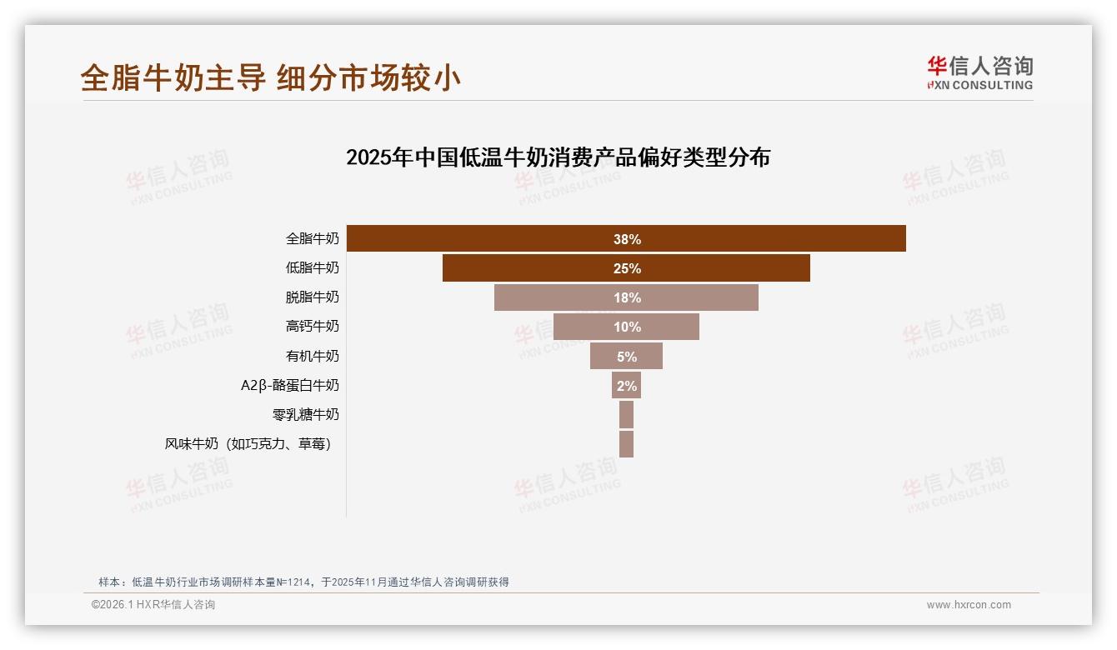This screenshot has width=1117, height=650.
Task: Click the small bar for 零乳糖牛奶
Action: (626, 414)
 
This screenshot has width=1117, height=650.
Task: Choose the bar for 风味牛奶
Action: (626, 444)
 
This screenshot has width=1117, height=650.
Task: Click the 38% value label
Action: (627, 239)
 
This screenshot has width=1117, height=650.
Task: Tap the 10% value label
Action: (627, 327)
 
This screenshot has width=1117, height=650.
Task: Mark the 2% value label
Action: (626, 386)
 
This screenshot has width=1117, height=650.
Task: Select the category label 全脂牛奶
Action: (313, 239)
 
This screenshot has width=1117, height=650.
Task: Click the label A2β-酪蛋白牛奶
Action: (290, 386)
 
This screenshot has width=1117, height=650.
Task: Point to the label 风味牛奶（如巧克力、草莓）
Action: (248, 444)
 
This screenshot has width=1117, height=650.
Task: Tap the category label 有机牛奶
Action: (313, 356)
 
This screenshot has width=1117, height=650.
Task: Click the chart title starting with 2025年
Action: (558, 157)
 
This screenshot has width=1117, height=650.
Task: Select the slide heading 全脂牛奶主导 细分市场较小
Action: (271, 77)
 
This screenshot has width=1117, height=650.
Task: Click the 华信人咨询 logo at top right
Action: (979, 73)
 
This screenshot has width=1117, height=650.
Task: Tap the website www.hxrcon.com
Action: (969, 605)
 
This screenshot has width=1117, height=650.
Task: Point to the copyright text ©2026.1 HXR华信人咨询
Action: (153, 605)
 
